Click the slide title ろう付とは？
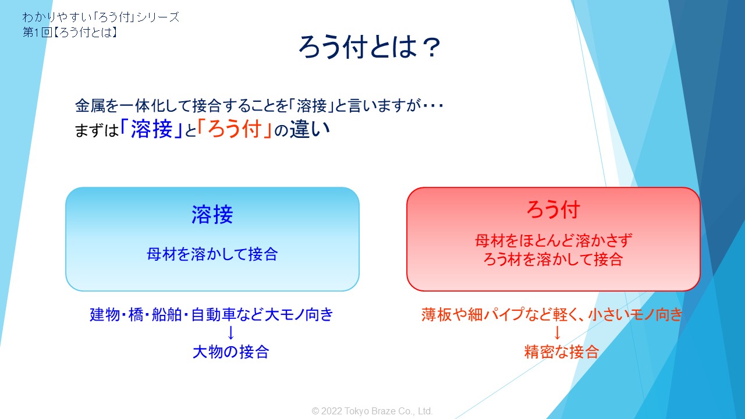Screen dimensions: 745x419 click(370, 47)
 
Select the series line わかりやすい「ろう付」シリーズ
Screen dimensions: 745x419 click(101, 17)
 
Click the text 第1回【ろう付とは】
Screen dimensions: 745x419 click(70, 32)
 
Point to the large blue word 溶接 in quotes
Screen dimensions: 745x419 click(152, 129)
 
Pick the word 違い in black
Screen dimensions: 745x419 click(310, 129)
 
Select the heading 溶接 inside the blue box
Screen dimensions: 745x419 click(212, 215)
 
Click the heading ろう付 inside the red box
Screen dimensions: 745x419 click(553, 210)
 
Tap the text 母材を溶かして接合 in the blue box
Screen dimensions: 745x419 click(212, 254)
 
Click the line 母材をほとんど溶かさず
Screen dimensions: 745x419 click(554, 240)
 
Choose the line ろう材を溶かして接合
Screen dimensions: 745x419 click(553, 260)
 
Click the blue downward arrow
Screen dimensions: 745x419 click(231, 333)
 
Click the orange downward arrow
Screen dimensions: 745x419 click(558, 333)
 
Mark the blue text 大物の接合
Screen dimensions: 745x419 click(231, 352)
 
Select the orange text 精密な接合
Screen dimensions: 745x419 click(562, 352)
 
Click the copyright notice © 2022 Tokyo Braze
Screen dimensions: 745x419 click(372, 411)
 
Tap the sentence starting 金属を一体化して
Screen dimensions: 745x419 click(259, 106)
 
